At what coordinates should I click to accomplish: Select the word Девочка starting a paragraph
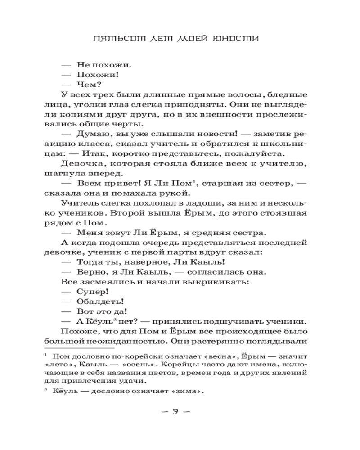pos(79,163)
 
